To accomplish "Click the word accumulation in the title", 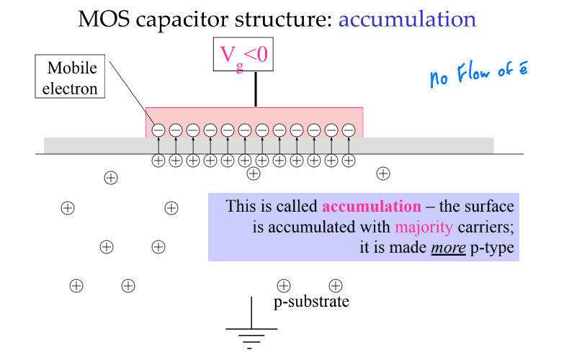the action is tap(407, 19).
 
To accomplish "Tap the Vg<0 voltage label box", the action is tap(243, 54).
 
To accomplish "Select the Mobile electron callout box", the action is tap(70, 76).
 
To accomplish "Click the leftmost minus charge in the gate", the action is tap(158, 130).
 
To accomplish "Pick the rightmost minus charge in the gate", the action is tap(349, 130).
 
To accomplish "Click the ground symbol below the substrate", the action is tap(251, 323).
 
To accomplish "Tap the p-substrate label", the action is tap(311, 302).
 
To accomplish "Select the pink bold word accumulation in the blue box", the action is tap(372, 207).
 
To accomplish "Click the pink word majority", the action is tap(424, 227).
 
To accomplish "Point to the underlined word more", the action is tap(448, 248).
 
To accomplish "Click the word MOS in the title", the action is tap(104, 19).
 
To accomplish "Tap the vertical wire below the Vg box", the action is tap(256, 89).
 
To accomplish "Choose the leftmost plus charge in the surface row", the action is tap(158, 161).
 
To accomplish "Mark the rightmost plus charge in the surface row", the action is tap(349, 161).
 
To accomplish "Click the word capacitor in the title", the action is tap(182, 20).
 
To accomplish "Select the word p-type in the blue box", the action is tap(492, 248).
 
